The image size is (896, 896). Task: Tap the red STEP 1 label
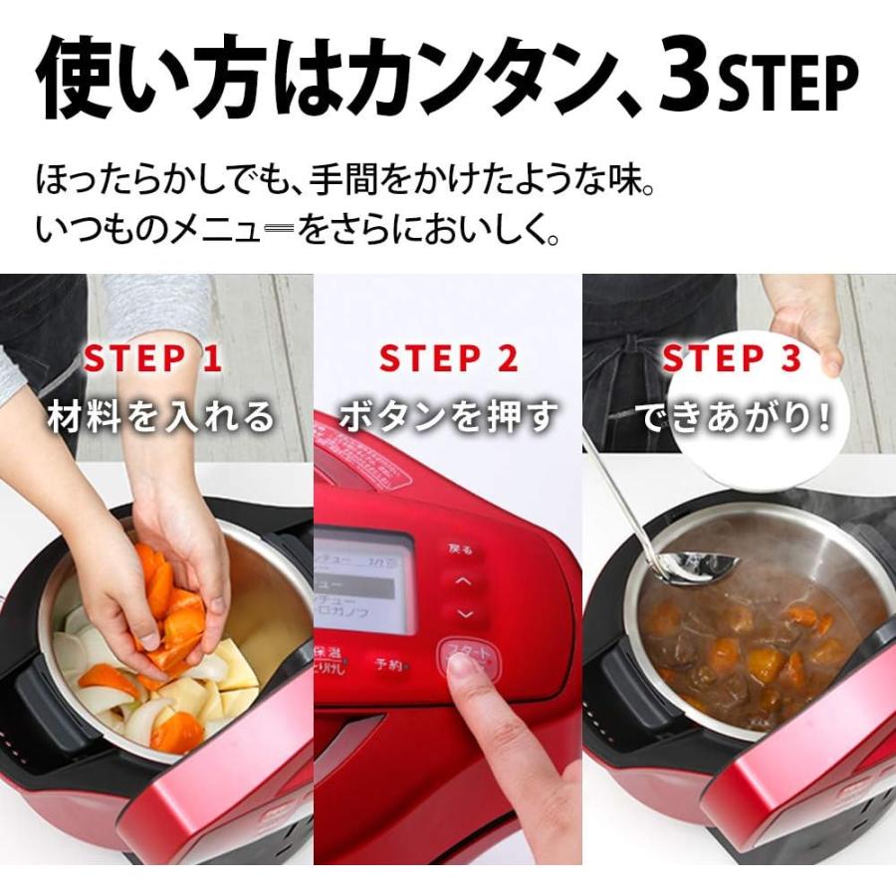click(152, 359)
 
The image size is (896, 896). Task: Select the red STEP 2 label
click(449, 359)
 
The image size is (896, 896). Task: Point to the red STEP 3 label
click(732, 359)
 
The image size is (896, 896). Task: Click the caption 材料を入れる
click(160, 417)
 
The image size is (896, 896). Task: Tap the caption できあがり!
click(733, 417)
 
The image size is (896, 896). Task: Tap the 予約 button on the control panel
click(389, 664)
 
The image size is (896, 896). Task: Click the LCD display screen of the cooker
click(363, 582)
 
